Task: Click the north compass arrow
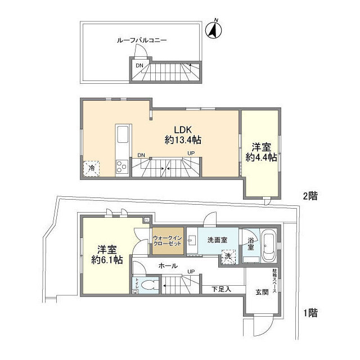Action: point(214,31)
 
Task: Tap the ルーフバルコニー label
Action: point(142,40)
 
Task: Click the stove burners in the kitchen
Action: point(123,165)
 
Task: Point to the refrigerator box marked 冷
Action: point(91,168)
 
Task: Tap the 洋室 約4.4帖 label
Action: point(261,152)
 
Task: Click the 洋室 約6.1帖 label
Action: point(107,255)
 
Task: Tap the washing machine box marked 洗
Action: point(228,255)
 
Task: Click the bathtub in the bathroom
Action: point(268,247)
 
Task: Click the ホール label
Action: point(168,266)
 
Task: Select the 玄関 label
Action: point(262,292)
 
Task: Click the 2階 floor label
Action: point(310,196)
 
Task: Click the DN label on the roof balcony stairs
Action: point(139,66)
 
